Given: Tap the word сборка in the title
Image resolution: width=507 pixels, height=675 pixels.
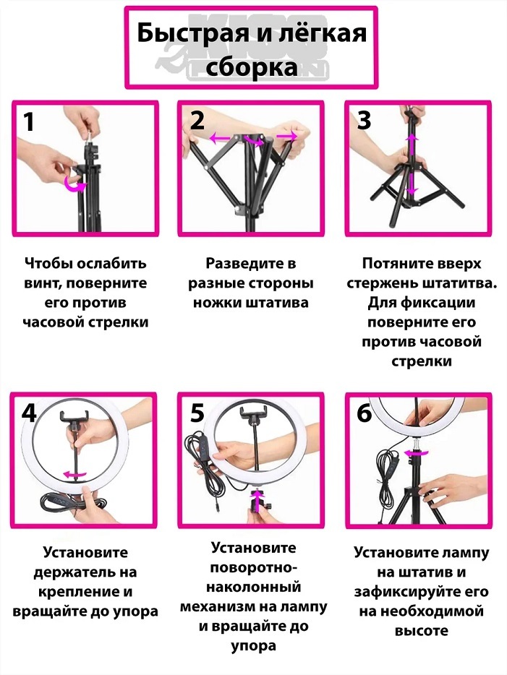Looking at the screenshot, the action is pyautogui.click(x=252, y=68).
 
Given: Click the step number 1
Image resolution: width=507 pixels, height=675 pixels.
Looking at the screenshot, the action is pyautogui.click(x=28, y=122).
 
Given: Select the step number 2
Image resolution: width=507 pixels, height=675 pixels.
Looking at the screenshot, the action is pyautogui.click(x=197, y=121).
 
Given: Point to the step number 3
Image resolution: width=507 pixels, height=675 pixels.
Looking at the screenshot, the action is pyautogui.click(x=365, y=121).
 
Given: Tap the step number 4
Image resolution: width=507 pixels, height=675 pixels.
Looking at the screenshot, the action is pyautogui.click(x=29, y=413).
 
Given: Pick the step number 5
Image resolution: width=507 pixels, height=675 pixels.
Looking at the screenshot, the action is pyautogui.click(x=197, y=413).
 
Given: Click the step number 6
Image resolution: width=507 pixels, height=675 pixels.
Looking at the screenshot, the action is pyautogui.click(x=365, y=413).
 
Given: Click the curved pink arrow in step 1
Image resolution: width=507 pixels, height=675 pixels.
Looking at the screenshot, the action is pyautogui.click(x=74, y=186).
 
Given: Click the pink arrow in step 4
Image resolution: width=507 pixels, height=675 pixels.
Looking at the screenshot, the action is pyautogui.click(x=75, y=474).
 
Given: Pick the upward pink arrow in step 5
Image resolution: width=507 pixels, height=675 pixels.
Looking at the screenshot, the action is pyautogui.click(x=257, y=501).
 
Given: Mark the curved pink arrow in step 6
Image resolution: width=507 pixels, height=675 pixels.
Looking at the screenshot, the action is pyautogui.click(x=416, y=452).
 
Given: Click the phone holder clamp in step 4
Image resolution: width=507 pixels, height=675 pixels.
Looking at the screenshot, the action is pyautogui.click(x=74, y=416).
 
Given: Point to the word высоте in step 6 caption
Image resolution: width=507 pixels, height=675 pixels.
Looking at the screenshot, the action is pyautogui.click(x=421, y=631).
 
